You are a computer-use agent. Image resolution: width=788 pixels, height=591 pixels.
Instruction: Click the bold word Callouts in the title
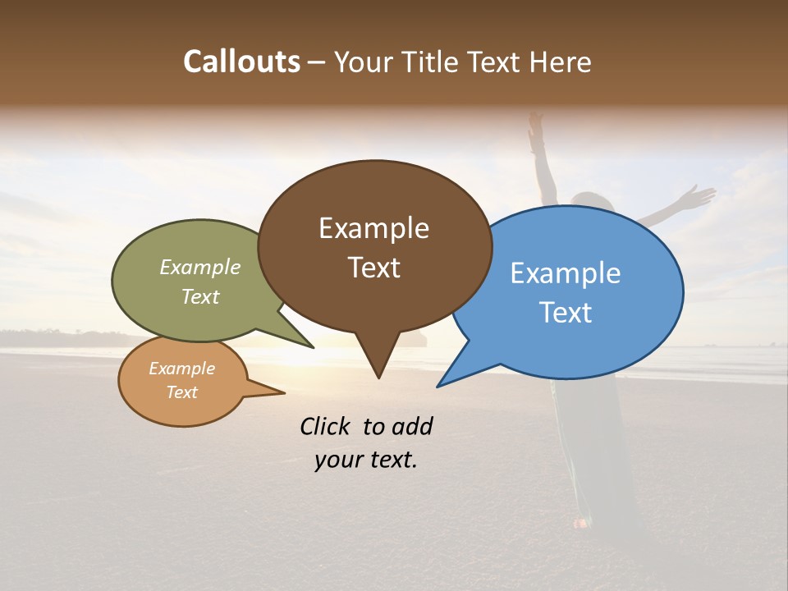(x=241, y=62)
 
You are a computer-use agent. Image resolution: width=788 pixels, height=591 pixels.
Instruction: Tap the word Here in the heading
(x=561, y=62)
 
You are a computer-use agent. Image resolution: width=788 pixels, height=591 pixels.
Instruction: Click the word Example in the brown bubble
(x=373, y=228)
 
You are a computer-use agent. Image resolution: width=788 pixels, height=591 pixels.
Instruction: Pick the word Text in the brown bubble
(x=373, y=268)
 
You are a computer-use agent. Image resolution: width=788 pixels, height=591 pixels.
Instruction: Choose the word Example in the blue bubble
(x=565, y=273)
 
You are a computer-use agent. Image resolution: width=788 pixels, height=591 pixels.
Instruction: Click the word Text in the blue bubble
(x=566, y=313)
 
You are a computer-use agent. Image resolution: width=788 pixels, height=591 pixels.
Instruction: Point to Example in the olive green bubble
(x=200, y=268)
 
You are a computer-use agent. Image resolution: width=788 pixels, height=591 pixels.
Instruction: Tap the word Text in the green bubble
(x=200, y=296)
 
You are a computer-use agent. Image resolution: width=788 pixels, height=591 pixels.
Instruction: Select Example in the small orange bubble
(x=181, y=369)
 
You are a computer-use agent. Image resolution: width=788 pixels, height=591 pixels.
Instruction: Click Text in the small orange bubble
(x=181, y=392)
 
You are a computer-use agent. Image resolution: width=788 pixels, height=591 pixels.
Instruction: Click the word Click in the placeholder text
(x=327, y=426)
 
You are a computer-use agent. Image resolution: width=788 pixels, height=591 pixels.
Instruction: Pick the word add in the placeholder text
(x=412, y=426)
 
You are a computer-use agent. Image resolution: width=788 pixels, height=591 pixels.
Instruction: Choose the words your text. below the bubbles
(x=366, y=460)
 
